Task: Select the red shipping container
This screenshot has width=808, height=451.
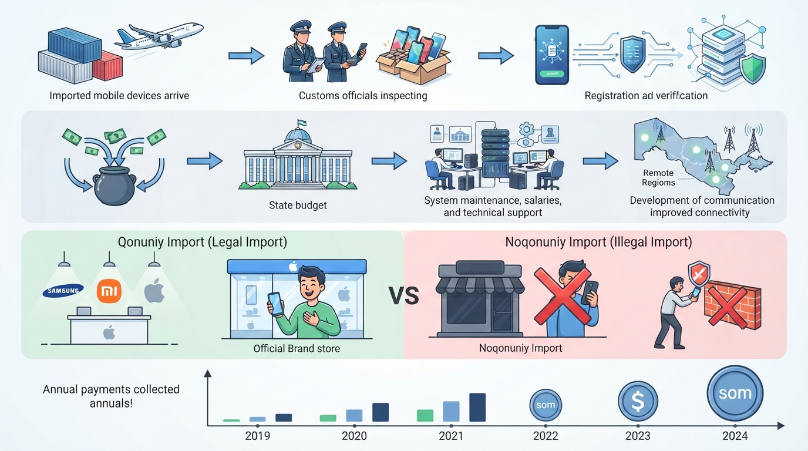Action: (x=107, y=66)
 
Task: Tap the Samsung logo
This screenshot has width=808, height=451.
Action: (x=63, y=291)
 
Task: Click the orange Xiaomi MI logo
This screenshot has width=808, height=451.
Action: (x=109, y=291)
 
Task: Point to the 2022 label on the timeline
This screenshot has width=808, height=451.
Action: (x=546, y=436)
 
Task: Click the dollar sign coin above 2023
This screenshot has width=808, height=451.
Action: (x=638, y=401)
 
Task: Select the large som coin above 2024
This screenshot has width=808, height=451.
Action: (x=735, y=393)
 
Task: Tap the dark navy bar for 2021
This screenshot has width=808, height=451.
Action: (x=477, y=408)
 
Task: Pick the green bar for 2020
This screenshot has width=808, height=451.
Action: (x=328, y=418)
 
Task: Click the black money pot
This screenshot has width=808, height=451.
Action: (x=115, y=186)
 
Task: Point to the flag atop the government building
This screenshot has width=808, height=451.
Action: (x=302, y=123)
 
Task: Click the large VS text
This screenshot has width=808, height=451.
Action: (x=403, y=296)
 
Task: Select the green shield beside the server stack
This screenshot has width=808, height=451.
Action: (x=752, y=69)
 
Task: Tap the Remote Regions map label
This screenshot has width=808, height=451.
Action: (x=658, y=178)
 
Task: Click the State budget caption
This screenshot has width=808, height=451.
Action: (x=298, y=206)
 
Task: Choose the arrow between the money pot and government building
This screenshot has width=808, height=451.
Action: (x=204, y=161)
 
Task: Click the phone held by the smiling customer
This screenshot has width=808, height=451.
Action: (x=275, y=304)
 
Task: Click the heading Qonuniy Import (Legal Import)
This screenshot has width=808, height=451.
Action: (x=203, y=242)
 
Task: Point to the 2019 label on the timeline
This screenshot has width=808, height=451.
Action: (x=258, y=436)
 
